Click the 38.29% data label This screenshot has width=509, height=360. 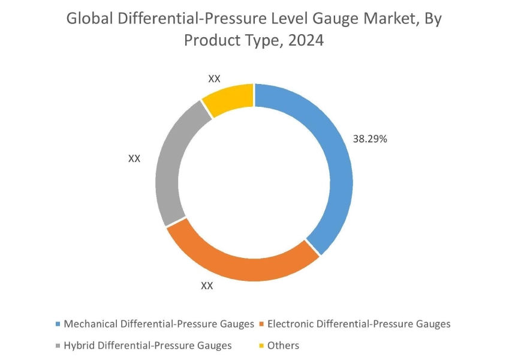(370, 139)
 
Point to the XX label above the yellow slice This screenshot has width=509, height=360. (214, 79)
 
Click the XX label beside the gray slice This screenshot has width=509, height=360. (134, 158)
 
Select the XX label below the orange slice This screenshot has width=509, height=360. (207, 286)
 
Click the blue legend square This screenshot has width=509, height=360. (58, 325)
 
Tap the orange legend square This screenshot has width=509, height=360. (261, 325)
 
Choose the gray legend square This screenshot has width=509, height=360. (58, 346)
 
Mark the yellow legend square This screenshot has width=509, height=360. (261, 346)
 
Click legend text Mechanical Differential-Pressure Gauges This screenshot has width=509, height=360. (159, 324)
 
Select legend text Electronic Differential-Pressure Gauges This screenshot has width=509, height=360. (359, 324)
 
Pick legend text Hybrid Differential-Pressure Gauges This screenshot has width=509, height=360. (147, 345)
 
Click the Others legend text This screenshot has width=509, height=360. (283, 345)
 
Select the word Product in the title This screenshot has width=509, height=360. (210, 41)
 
